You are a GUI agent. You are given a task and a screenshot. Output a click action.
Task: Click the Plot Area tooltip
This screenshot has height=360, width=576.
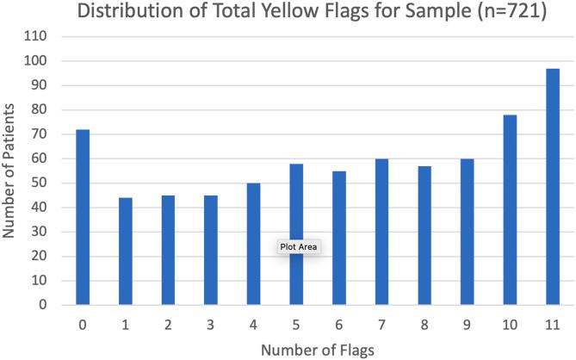299,246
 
